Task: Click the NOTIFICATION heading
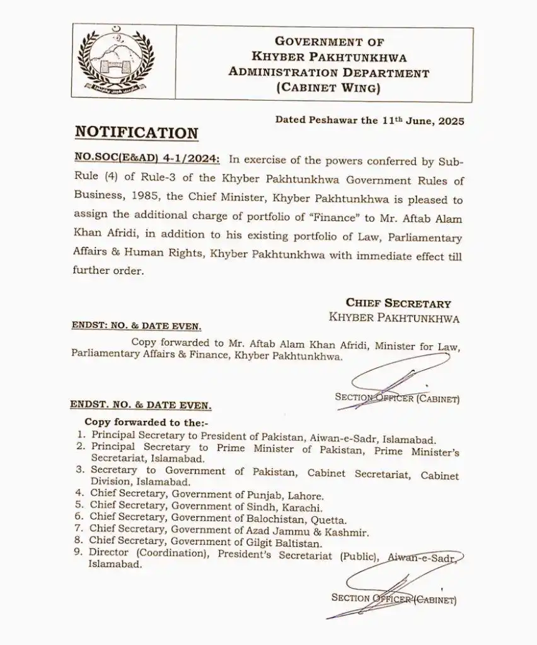coord(136,133)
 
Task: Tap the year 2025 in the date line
coord(449,121)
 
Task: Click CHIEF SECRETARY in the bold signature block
coord(398,304)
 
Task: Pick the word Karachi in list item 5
coord(306,508)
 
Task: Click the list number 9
coord(80,554)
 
